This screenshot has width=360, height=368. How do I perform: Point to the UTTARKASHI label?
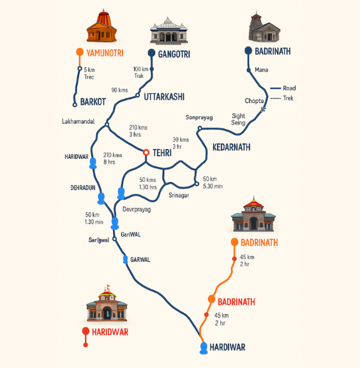point(164,96)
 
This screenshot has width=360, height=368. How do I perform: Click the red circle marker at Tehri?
point(146,152)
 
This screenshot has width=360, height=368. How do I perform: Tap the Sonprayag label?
point(199,118)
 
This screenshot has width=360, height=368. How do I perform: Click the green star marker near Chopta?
point(262,109)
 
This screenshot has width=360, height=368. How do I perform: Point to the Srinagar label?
point(179,195)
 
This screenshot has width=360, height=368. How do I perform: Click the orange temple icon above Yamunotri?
point(102,26)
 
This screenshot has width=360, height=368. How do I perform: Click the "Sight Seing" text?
point(238,120)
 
